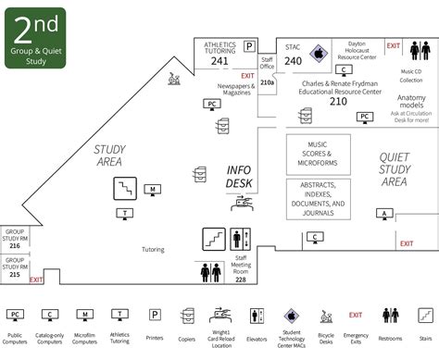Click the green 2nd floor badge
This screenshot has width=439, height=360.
[x=31, y=33]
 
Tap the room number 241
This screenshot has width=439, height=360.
[x=219, y=62]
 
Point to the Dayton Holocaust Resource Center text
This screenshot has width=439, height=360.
[x=356, y=50]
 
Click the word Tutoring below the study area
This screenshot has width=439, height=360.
[x=153, y=250]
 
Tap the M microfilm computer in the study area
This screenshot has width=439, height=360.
[x=152, y=190]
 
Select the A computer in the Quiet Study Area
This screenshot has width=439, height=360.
[x=382, y=214]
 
